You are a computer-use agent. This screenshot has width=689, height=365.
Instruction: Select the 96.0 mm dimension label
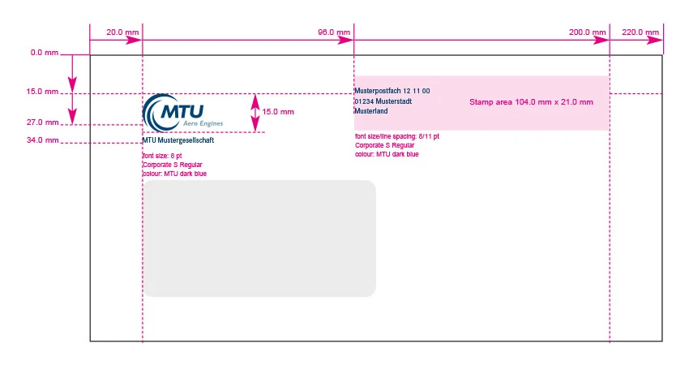pos(334,32)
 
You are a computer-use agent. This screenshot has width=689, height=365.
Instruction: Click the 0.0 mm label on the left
pos(44,53)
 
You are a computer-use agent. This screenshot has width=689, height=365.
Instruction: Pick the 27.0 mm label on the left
pos(42,122)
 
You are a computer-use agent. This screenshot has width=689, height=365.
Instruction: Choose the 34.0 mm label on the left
pos(42,140)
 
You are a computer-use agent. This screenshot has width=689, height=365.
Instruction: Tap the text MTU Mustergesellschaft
pos(178,140)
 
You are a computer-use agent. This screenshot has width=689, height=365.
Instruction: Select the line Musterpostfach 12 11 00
pos(392,91)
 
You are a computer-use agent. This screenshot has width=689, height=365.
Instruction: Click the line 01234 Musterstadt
pos(383,101)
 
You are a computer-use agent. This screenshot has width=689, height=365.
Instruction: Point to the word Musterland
pos(370,111)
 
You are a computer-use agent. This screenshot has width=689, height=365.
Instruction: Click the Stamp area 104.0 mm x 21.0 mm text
pos(531,102)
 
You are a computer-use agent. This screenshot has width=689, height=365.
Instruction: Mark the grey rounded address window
pos(259,238)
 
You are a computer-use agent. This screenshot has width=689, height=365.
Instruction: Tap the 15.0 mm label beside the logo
pos(279,112)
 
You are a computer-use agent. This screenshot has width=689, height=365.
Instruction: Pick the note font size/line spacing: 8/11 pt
pos(397,136)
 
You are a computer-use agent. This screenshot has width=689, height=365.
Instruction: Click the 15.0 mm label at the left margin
pos(42,92)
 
